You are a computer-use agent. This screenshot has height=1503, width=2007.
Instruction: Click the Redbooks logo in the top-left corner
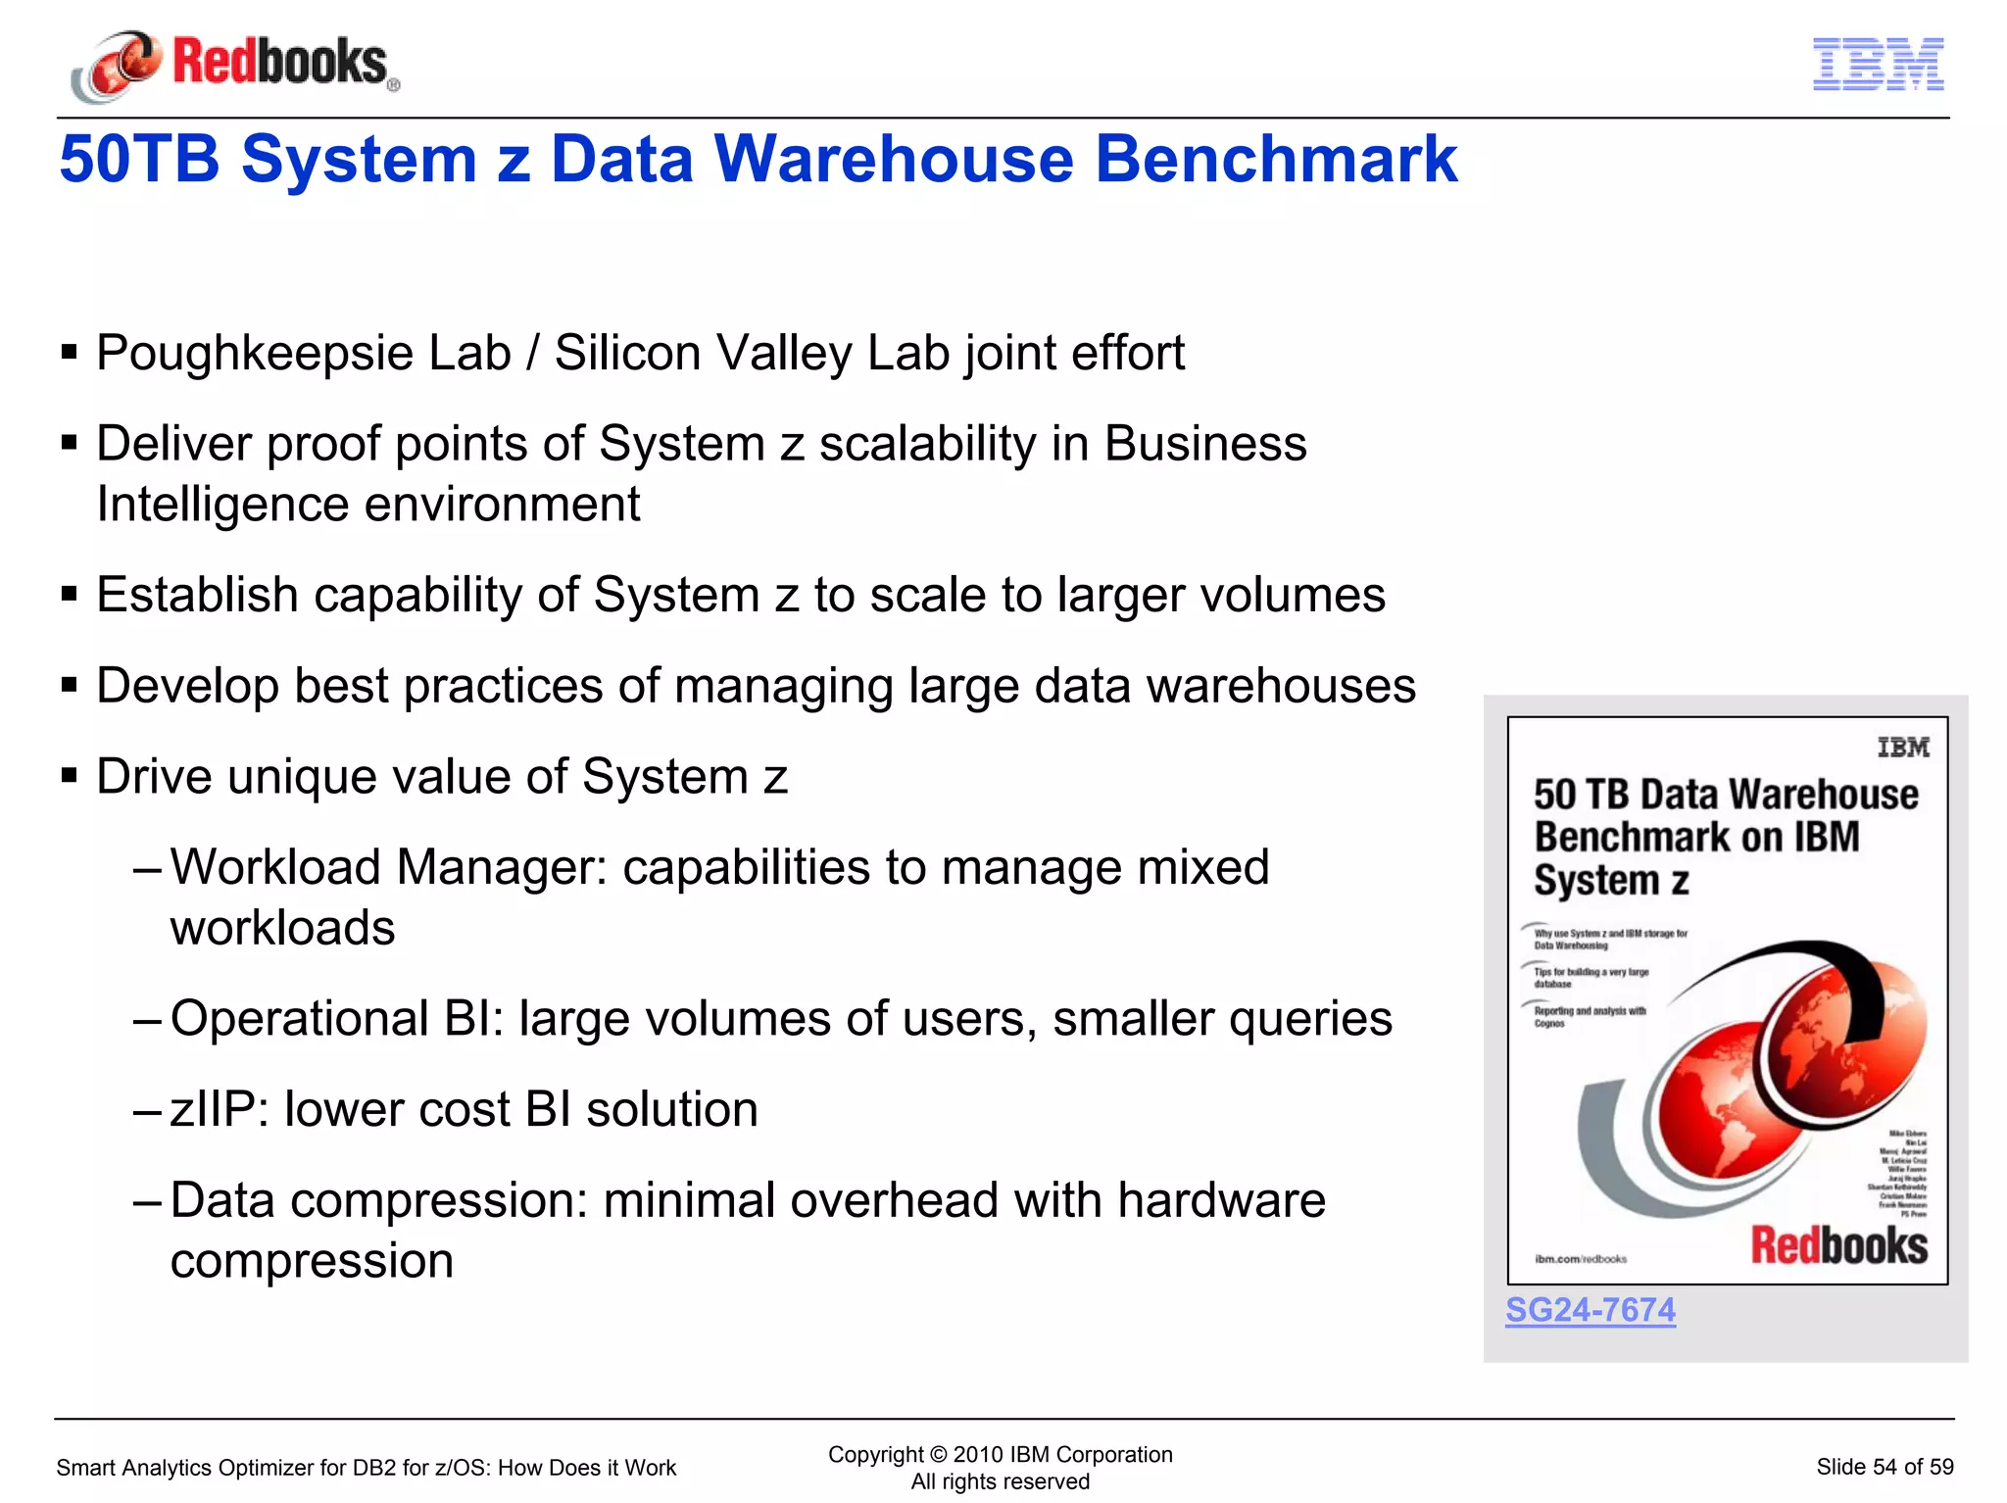point(235,65)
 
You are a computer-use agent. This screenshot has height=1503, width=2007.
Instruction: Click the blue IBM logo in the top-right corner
point(1878,65)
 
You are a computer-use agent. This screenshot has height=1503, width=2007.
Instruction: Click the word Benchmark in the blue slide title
point(1275,159)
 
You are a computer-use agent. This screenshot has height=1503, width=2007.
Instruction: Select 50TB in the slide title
point(139,159)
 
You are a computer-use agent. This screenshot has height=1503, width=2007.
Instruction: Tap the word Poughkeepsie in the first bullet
point(254,354)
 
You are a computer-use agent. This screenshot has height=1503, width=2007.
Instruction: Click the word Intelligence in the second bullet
point(222,506)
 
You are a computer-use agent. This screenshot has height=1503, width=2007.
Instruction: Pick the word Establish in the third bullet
point(196,596)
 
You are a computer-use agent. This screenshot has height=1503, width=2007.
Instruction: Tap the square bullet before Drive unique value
point(69,777)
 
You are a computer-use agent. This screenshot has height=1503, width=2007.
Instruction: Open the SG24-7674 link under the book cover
point(1590,1310)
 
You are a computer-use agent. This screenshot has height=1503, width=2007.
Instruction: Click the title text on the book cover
point(1725,836)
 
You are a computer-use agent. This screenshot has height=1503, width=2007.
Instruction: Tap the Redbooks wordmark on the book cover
point(1838,1246)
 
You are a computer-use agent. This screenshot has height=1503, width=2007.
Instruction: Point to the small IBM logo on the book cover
point(1902,748)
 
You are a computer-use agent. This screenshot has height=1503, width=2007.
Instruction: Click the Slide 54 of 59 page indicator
point(1884,1467)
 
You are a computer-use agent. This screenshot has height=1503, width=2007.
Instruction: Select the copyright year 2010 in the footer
point(977,1455)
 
